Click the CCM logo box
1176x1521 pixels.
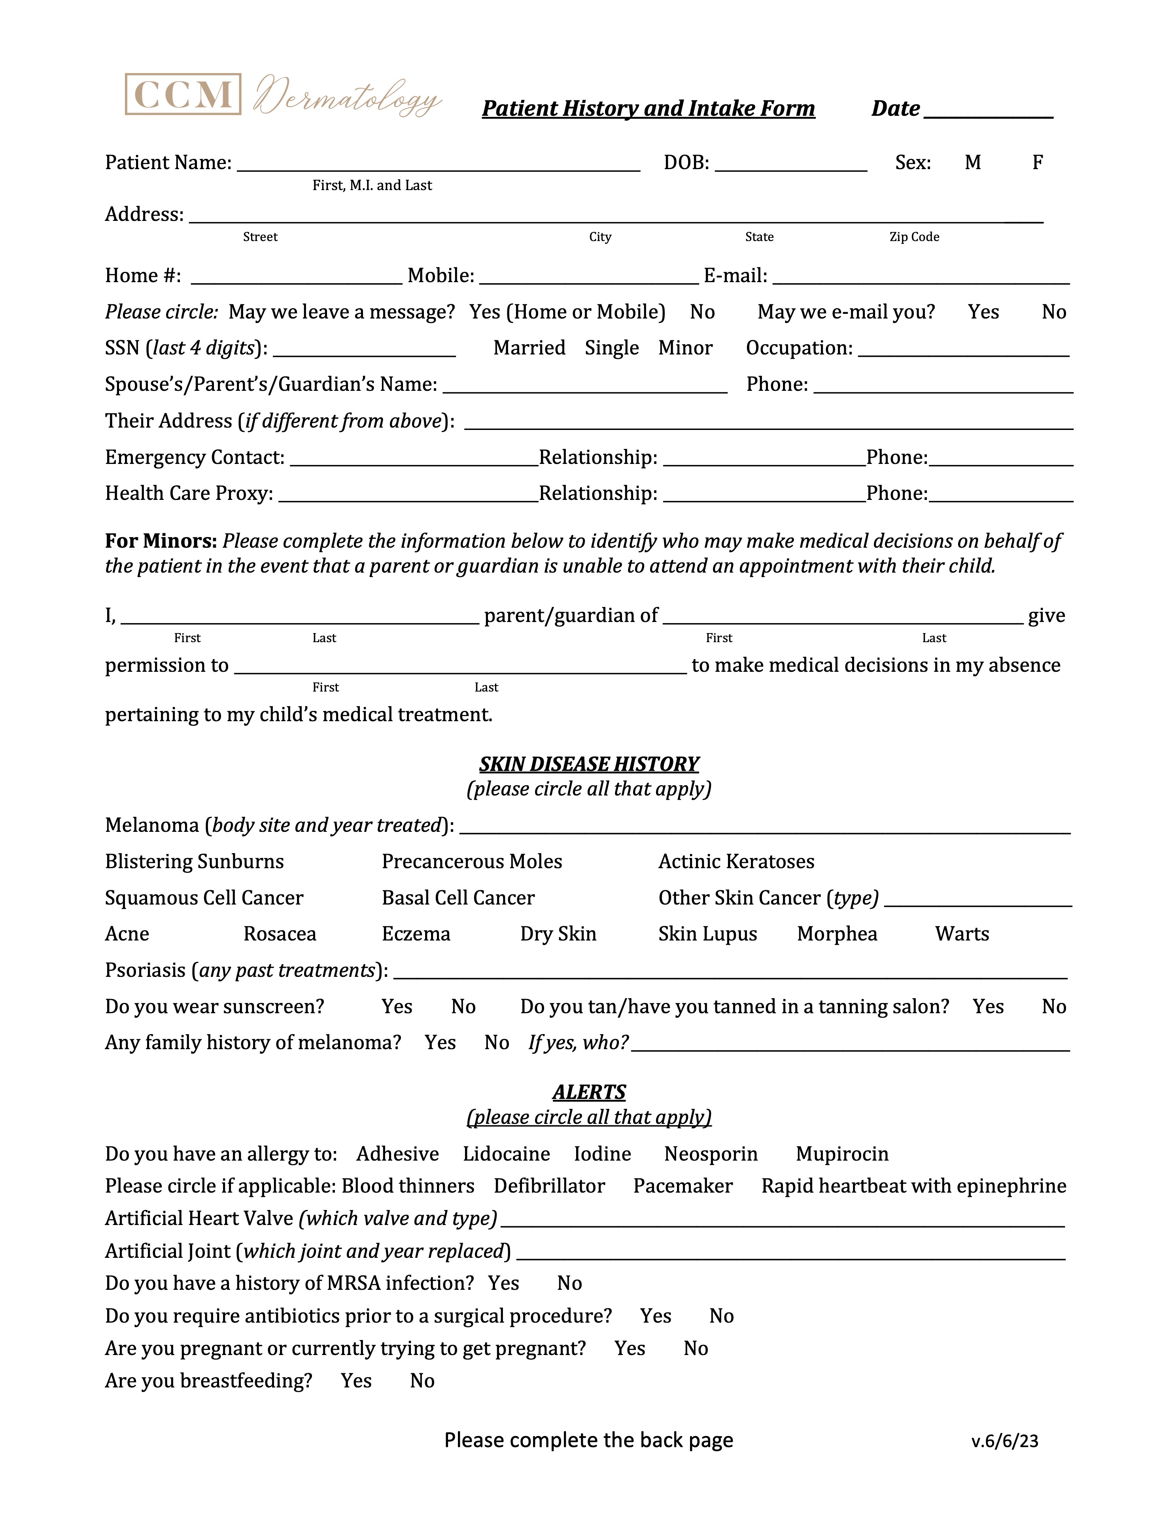(183, 94)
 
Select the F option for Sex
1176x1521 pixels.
(1037, 162)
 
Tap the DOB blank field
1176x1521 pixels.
(791, 164)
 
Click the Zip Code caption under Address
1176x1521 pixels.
(914, 237)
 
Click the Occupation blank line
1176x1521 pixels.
(964, 350)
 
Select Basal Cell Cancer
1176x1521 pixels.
(458, 898)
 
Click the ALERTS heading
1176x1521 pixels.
(589, 1092)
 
